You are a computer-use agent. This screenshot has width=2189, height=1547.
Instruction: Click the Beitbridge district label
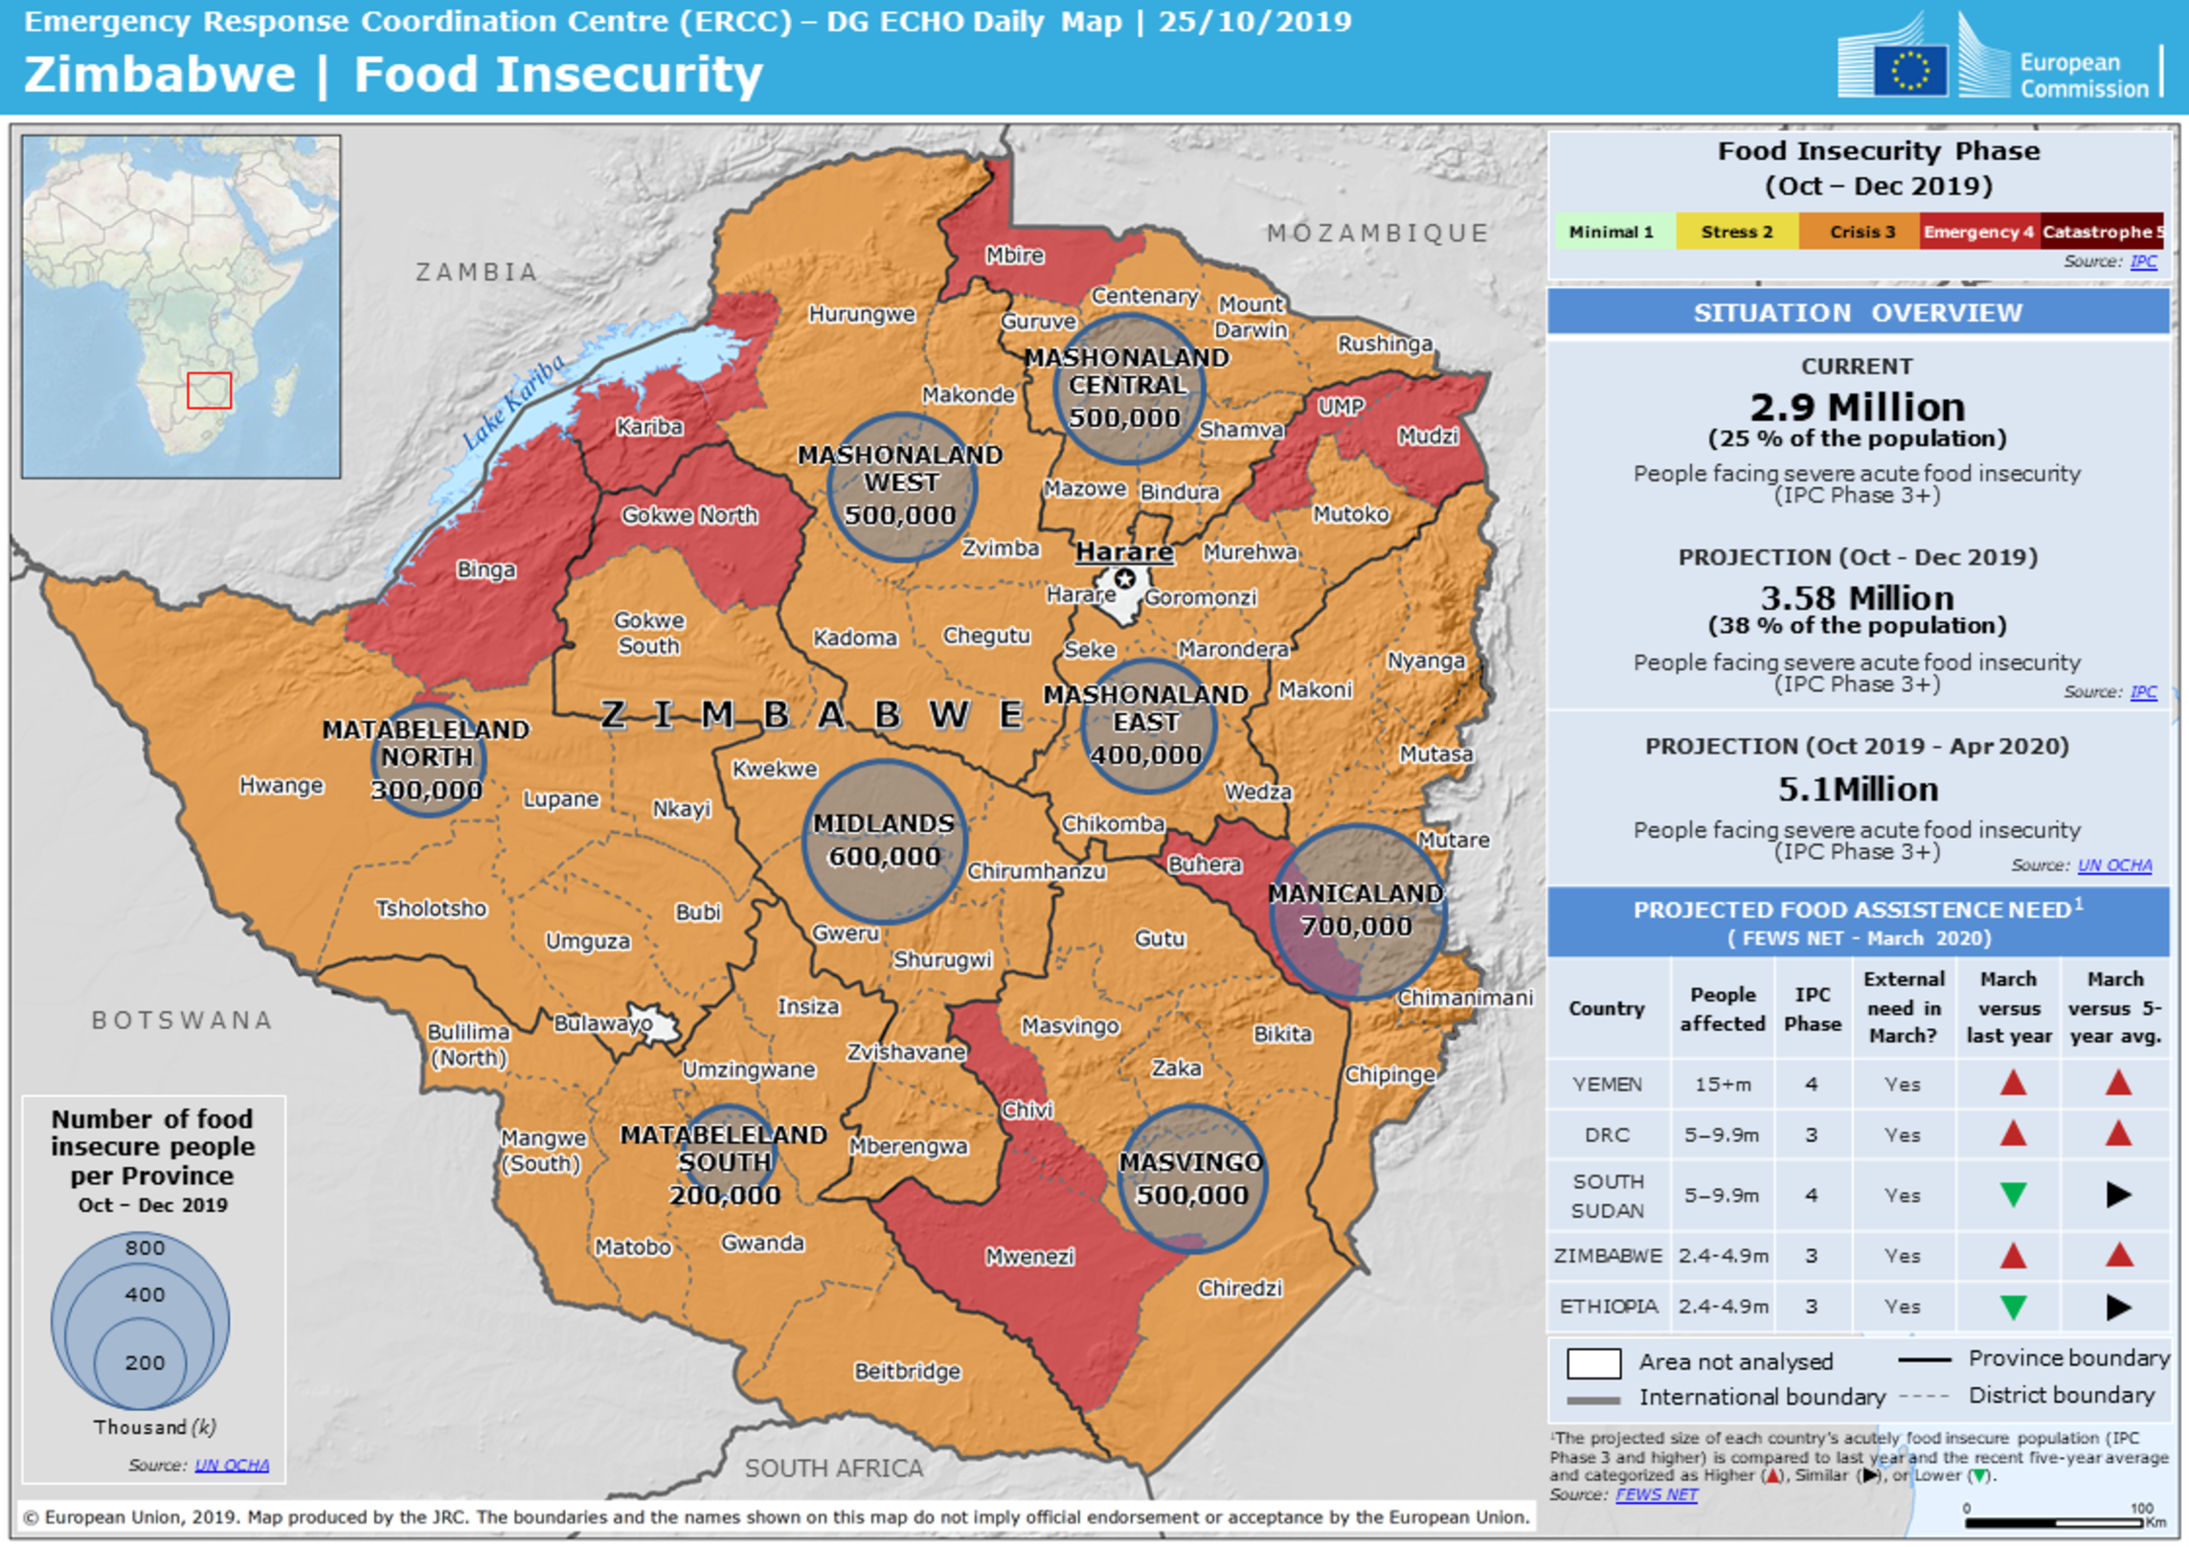point(907,1371)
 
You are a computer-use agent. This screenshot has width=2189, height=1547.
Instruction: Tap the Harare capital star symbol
point(1125,579)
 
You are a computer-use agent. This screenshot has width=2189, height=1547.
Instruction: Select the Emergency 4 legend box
point(1978,232)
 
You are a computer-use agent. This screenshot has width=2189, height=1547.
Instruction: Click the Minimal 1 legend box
point(1611,232)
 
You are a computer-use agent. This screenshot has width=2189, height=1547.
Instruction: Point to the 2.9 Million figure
point(1857,408)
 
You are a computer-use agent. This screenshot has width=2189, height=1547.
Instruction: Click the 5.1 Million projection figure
point(1857,790)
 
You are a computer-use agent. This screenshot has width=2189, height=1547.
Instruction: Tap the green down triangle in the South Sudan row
point(2013,1195)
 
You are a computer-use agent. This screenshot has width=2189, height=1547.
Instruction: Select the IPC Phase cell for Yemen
point(1811,1085)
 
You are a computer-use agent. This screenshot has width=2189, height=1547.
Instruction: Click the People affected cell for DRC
point(1722,1135)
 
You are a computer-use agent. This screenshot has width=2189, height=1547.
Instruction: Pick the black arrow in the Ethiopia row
point(2118,1307)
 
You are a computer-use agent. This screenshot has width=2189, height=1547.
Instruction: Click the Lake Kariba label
point(513,402)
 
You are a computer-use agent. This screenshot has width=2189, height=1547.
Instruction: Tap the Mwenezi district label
point(1029,1257)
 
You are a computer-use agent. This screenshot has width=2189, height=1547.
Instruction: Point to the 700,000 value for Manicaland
point(1356,926)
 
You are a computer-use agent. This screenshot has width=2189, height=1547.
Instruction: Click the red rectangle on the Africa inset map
point(209,391)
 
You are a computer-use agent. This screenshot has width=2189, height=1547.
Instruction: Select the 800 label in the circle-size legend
point(145,1247)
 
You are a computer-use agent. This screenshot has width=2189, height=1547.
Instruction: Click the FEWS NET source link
point(1656,1494)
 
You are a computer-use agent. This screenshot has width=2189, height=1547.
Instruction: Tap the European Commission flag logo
point(1909,70)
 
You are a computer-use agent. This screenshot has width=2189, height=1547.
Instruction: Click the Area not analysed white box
point(1593,1362)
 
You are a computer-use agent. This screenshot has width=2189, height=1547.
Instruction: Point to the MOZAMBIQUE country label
point(1377,233)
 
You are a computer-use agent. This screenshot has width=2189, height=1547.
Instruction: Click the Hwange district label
point(281,785)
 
